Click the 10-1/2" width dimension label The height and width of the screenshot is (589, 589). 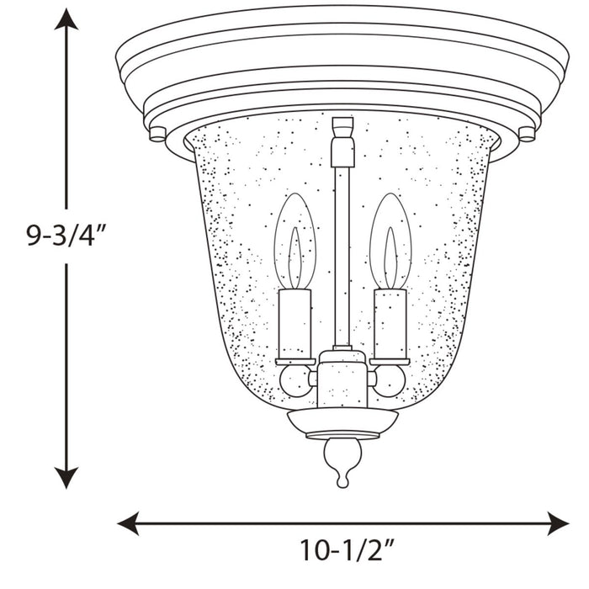coord(347,551)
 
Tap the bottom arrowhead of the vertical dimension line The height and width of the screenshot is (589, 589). coord(66,478)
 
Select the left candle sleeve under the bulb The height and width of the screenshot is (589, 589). coord(294,324)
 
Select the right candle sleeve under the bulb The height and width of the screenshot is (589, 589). coord(390,324)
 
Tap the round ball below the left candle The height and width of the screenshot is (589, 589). coord(295,380)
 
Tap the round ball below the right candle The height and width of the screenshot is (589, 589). coord(390,380)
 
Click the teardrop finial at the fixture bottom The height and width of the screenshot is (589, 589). coord(342,461)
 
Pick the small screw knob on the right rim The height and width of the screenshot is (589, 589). coord(527,133)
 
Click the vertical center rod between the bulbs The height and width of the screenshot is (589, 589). coord(342,252)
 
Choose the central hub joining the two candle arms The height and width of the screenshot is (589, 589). coord(342,379)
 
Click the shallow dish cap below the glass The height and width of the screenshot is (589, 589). coord(342,421)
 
